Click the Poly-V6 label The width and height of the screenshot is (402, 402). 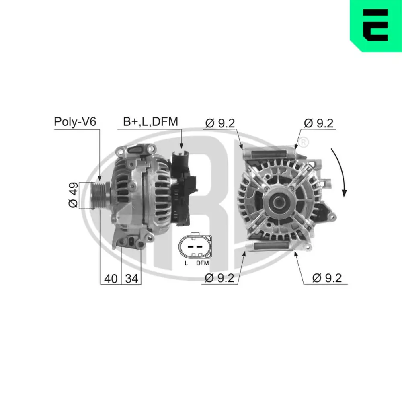(x=75, y=122)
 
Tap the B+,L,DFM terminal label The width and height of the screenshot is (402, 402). (x=150, y=122)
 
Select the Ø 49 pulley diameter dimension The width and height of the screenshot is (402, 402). (x=74, y=195)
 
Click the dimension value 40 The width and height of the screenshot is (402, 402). (x=110, y=278)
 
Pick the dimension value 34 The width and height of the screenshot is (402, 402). (x=131, y=278)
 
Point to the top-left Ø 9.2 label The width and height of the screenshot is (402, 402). (x=220, y=123)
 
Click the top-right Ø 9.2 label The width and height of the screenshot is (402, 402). (x=319, y=123)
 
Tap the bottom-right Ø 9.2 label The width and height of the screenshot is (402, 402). (x=327, y=278)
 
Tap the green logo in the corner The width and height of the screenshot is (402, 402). (x=375, y=26)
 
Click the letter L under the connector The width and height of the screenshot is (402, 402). (x=186, y=263)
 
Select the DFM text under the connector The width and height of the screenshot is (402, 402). (x=203, y=263)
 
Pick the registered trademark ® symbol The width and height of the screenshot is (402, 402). (x=304, y=142)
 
